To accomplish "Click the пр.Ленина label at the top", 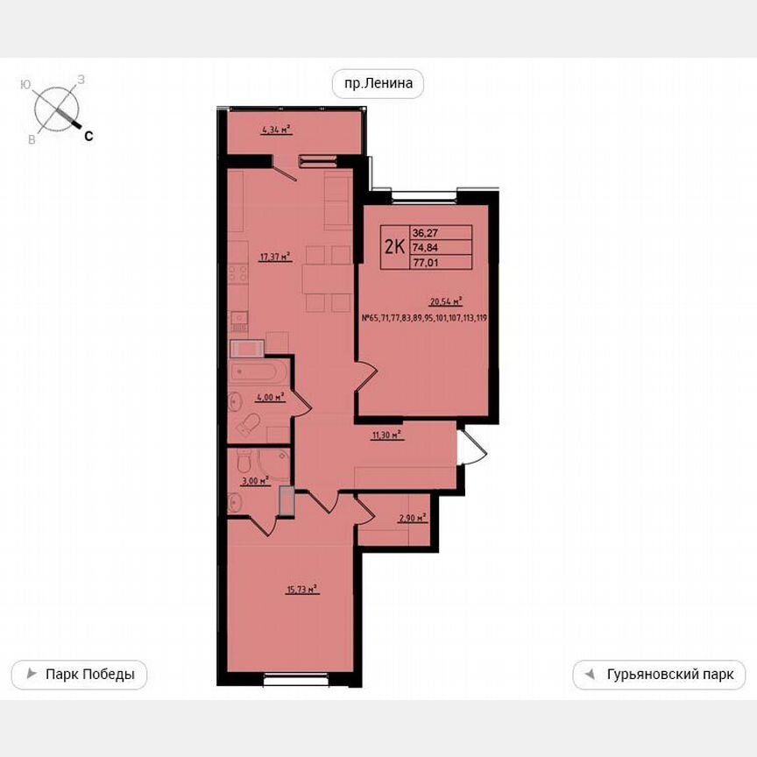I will click(x=378, y=84).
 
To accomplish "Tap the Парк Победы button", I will click(x=79, y=675).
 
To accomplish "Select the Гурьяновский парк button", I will click(x=659, y=675).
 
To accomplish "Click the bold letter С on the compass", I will click(x=88, y=136).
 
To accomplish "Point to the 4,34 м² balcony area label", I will click(x=276, y=130).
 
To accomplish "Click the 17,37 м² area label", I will click(x=274, y=257).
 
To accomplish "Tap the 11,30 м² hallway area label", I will click(x=386, y=434).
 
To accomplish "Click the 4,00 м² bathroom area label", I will click(x=270, y=398).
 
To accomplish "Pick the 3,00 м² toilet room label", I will click(x=255, y=480).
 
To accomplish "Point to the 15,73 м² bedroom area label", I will click(x=301, y=591).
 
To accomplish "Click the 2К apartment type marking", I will click(x=395, y=245).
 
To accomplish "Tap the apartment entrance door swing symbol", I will click(x=471, y=447).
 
